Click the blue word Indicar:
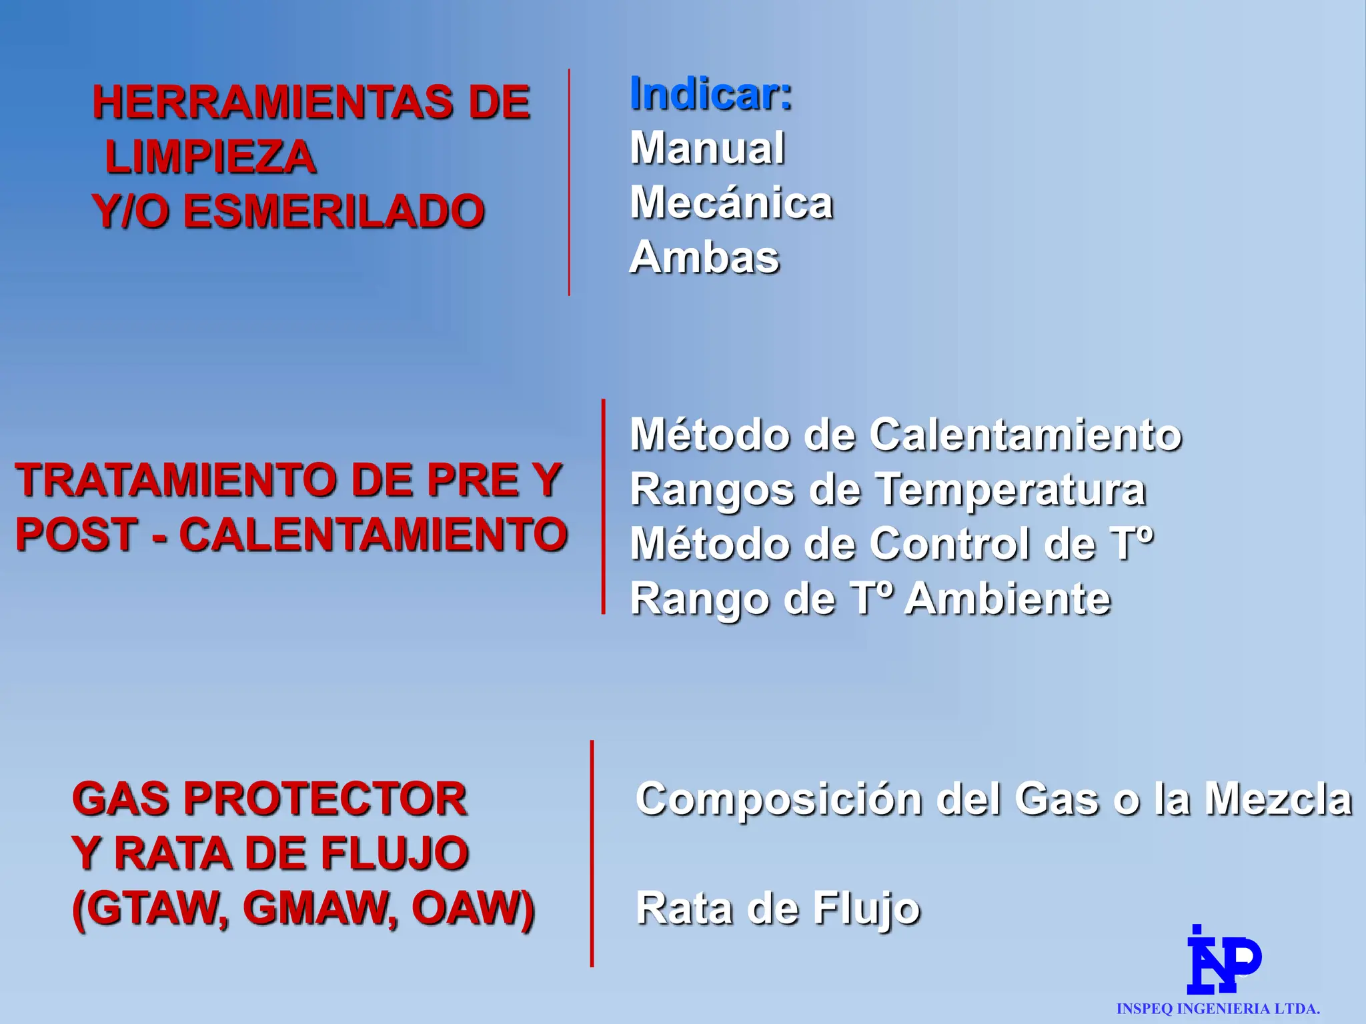pyautogui.click(x=711, y=95)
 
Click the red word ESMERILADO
pyautogui.click(x=333, y=212)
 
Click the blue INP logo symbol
pyautogui.click(x=1223, y=960)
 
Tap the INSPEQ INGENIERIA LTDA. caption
pyautogui.click(x=1218, y=1009)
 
